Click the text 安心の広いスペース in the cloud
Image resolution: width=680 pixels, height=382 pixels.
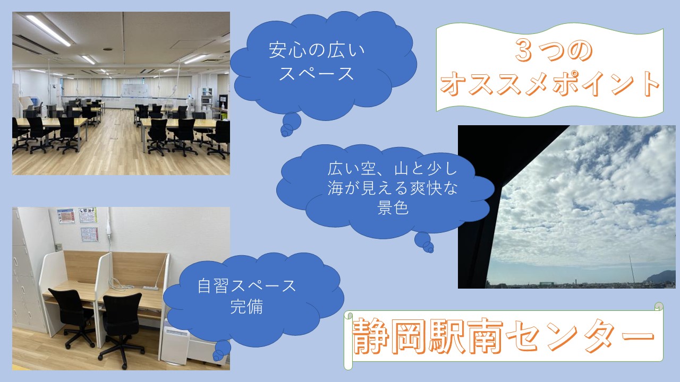pos(317,63)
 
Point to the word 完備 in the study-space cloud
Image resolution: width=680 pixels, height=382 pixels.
pos(246,307)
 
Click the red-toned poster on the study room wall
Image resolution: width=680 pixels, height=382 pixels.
pos(66,216)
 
